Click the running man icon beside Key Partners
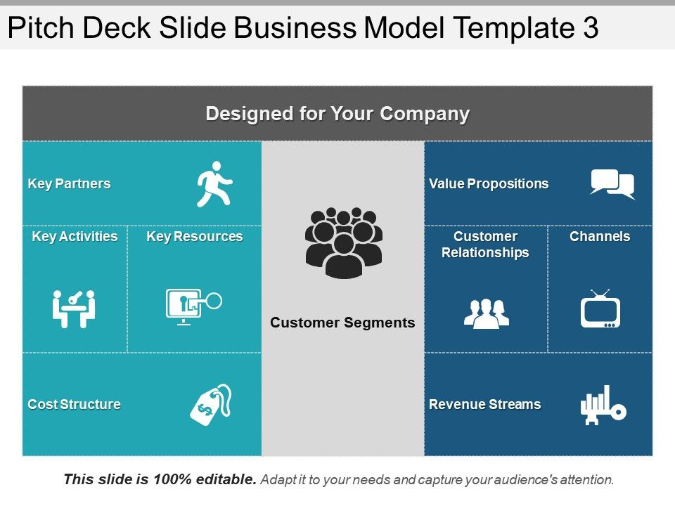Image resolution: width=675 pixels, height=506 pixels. tap(214, 184)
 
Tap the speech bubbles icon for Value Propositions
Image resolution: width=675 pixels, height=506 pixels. tap(612, 184)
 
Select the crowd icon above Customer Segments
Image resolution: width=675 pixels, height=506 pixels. tap(344, 242)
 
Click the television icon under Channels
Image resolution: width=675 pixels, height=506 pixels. tap(600, 309)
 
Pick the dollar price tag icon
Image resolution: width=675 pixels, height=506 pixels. tap(211, 405)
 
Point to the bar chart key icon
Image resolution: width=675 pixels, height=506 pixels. tap(603, 405)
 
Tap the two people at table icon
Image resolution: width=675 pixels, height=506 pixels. tap(74, 309)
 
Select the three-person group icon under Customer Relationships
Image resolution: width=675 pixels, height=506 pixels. tap(487, 313)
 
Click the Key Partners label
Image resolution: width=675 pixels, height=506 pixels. tap(70, 183)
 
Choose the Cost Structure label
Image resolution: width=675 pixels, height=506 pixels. tap(74, 405)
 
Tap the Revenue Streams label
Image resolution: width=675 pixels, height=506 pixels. tap(484, 405)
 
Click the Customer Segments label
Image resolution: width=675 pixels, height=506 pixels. tap(342, 323)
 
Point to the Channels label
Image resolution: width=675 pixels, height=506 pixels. tap(600, 236)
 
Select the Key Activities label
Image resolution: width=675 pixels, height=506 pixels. tap(75, 237)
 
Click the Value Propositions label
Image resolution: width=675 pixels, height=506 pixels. tap(489, 183)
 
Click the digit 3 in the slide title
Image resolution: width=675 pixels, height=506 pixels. tap(591, 27)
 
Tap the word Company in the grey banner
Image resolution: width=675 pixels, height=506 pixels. tap(425, 114)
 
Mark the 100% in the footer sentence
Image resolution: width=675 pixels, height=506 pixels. tap(172, 479)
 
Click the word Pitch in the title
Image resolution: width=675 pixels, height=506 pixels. tap(41, 27)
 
